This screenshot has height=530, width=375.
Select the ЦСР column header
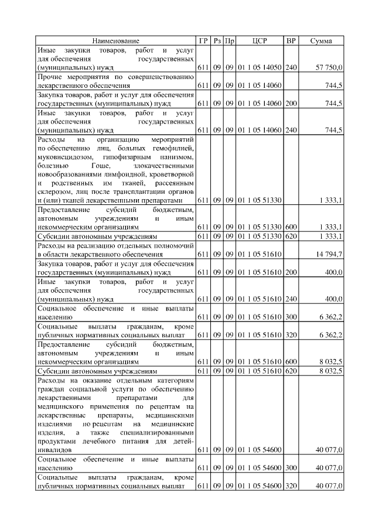point(260,41)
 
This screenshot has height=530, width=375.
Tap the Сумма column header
point(321,41)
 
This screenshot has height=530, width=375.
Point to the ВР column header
point(291,41)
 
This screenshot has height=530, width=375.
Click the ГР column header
point(203,41)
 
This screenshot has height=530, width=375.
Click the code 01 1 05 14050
point(260,68)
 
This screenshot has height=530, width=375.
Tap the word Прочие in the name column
point(50,77)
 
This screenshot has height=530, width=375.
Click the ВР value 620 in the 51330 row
point(291,236)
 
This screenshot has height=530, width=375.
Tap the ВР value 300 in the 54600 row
point(291,468)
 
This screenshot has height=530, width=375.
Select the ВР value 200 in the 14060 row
point(291,103)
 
